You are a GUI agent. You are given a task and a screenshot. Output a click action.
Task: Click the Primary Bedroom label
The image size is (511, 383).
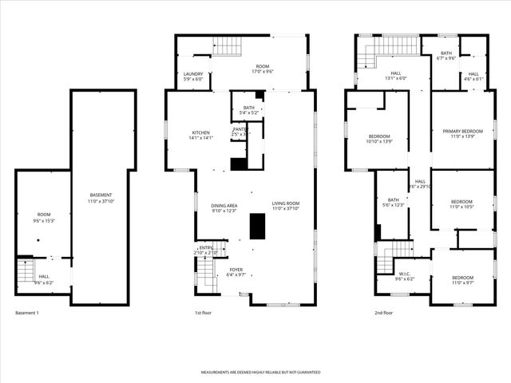coord(463,133)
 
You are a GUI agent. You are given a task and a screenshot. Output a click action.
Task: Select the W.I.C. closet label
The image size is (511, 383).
coord(405,276)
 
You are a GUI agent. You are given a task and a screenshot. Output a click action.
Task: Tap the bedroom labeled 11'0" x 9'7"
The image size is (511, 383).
coord(462,280)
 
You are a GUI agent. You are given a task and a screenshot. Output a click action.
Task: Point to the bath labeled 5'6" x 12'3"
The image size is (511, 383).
coord(393,203)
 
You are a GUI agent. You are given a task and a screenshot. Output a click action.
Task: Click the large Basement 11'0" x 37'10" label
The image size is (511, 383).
coord(101,198)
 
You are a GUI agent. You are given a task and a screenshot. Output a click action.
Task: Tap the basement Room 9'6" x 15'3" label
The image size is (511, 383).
coord(44,217)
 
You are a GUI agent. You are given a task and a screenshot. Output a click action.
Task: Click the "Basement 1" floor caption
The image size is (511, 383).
coord(27,313)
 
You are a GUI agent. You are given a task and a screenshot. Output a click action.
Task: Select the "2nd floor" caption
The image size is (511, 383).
coord(384,313)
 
